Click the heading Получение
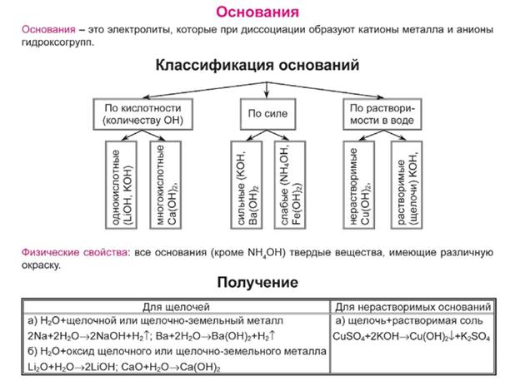click(258, 282)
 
